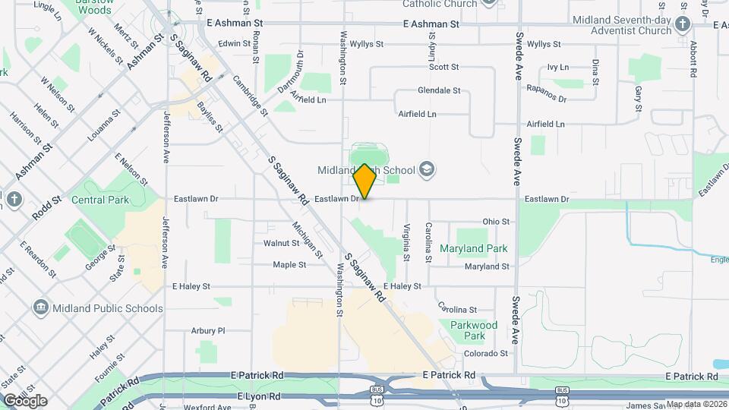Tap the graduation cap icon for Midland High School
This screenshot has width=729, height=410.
point(427,169)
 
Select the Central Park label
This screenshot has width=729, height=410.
point(100,200)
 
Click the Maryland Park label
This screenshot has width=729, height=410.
point(474,248)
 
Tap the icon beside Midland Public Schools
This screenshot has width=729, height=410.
point(41,308)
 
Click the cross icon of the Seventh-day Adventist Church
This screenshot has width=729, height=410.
point(683,24)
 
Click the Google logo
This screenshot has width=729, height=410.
point(25,401)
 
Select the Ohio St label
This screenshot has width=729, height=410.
point(496,222)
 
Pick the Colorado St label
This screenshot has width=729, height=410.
point(485,354)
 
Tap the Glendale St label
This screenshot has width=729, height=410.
point(439,90)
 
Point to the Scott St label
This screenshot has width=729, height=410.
point(444,67)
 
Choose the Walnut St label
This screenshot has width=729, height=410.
point(281,244)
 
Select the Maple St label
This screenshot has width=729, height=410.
point(289,265)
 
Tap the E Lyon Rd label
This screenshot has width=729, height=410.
point(259,396)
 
